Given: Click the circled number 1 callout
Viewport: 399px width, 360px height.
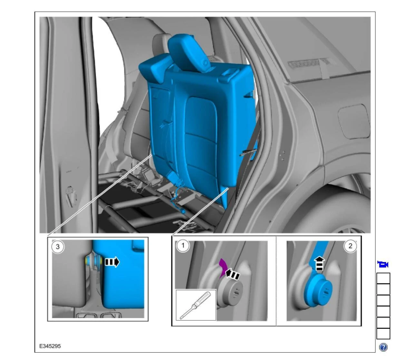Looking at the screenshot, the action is [x=183, y=246].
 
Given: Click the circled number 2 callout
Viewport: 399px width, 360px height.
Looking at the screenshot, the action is [x=350, y=246].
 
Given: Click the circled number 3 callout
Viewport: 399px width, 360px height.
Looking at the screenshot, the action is [x=58, y=247].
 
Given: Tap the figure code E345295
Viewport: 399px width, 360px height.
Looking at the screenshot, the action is [x=50, y=346].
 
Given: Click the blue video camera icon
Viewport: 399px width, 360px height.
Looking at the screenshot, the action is [x=383, y=265].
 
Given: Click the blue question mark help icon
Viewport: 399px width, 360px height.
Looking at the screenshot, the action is [x=383, y=347].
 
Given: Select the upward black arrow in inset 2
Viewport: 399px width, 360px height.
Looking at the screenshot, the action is [x=319, y=264].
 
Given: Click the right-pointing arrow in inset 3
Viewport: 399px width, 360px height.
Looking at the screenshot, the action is [x=112, y=262].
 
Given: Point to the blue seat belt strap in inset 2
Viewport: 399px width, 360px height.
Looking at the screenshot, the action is [x=318, y=255].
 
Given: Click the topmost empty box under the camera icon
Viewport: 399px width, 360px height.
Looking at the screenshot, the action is [x=383, y=278].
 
